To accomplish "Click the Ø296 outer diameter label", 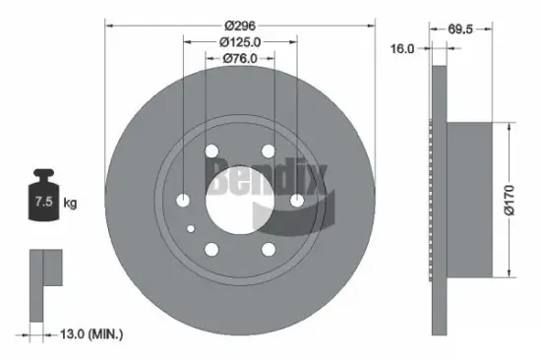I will (240, 24).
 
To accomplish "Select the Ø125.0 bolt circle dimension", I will (240, 41).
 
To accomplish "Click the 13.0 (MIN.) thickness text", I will (94, 334).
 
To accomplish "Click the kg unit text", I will (69, 204).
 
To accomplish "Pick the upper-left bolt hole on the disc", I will (211, 150).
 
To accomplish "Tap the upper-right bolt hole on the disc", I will (268, 150).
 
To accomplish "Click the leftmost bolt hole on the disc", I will (184, 200).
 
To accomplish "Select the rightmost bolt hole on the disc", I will (296, 200).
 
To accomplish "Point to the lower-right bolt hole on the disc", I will (268, 249).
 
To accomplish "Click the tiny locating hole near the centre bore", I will (193, 227).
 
